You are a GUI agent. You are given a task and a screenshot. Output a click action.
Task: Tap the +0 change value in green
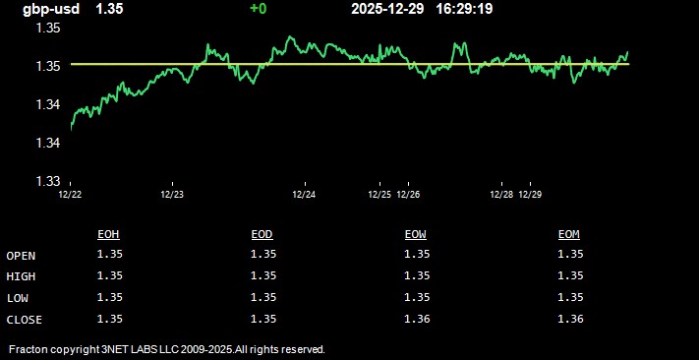258,9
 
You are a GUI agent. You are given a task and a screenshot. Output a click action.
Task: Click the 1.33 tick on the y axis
48,181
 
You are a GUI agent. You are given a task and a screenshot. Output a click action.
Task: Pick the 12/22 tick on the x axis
70,195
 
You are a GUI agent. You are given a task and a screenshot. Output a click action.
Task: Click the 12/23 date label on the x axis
172,195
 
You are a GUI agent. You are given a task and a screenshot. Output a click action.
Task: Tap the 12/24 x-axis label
304,195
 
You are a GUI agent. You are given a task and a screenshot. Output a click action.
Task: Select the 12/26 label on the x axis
408,195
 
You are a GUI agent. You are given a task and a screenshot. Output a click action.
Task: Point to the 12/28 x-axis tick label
501,195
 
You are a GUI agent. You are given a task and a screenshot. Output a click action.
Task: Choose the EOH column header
109,234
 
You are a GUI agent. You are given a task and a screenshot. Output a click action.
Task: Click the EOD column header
262,234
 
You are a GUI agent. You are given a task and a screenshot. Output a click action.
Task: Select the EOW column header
416,234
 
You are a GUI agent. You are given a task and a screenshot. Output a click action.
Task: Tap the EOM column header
569,234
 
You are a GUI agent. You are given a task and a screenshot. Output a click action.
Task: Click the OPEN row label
21,256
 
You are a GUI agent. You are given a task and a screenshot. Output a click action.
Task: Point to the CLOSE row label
25,319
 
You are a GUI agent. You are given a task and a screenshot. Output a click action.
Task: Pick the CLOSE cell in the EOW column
417,318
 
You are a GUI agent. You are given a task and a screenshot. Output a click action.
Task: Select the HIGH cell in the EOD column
263,275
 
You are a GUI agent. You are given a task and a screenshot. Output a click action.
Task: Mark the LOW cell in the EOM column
570,297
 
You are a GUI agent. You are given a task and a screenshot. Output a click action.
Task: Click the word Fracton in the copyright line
29,349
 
